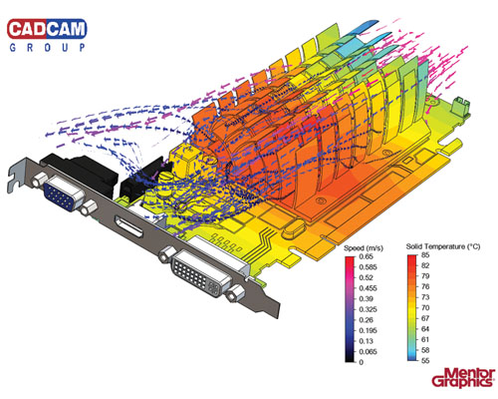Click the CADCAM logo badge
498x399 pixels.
pyautogui.click(x=47, y=29)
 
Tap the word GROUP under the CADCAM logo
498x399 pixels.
pyautogui.click(x=47, y=48)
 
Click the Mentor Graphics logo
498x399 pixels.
pyautogui.click(x=463, y=378)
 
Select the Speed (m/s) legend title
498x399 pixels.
pyautogui.click(x=364, y=248)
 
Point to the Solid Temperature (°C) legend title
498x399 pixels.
pyautogui.click(x=443, y=246)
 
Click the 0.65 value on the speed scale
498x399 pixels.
pyautogui.click(x=366, y=256)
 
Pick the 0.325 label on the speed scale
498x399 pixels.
pyautogui.click(x=368, y=309)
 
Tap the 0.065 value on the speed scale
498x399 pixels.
pyautogui.click(x=368, y=351)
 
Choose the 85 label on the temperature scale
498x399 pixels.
pyautogui.click(x=425, y=255)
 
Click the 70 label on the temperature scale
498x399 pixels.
pyautogui.click(x=425, y=307)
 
